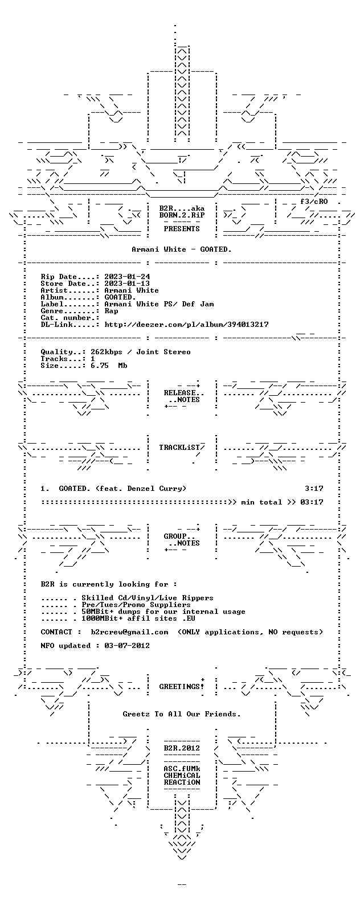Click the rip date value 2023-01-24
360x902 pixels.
[x=127, y=277]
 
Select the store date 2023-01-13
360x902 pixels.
[x=127, y=284]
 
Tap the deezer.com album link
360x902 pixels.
[x=186, y=325]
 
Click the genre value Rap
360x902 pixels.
[x=111, y=311]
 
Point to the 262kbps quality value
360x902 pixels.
[x=107, y=352]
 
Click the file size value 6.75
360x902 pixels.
[x=100, y=366]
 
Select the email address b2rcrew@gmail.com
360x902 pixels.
[x=130, y=632]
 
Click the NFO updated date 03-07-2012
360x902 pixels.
[x=127, y=646]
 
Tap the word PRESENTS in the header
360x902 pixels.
[x=182, y=229]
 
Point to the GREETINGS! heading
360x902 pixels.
[x=182, y=687]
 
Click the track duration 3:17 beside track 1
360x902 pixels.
[x=314, y=489]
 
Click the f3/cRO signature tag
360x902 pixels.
[x=314, y=202]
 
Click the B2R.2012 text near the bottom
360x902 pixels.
[x=182, y=748]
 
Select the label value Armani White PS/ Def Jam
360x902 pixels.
[x=159, y=304]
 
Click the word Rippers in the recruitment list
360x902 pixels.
[x=198, y=598]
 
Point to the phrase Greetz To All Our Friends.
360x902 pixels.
[x=182, y=714]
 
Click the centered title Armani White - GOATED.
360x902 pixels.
[x=182, y=249]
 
